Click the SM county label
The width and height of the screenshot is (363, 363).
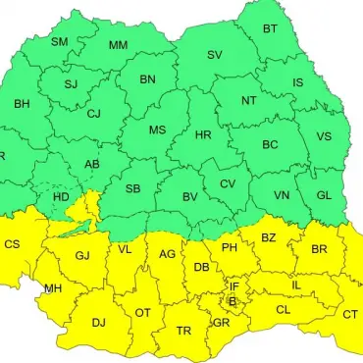59,41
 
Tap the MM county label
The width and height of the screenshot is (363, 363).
118,46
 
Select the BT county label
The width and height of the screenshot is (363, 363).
270,29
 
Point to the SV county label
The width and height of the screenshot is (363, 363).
214,55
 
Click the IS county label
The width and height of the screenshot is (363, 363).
297,82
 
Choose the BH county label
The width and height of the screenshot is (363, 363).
22,103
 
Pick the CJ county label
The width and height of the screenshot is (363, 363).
94,114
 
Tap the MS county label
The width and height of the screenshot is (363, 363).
157,130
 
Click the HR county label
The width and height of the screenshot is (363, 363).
203,134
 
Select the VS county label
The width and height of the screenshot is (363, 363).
325,136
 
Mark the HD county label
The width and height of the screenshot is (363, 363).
60,197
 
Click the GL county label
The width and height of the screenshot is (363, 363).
324,194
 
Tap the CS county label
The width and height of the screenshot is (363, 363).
13,244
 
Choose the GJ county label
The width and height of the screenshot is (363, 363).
82,256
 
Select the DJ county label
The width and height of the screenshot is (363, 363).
98,322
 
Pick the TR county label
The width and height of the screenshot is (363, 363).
183,331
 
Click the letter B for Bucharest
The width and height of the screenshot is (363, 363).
232,301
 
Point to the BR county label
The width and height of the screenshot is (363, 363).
319,249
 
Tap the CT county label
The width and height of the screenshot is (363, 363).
350,314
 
